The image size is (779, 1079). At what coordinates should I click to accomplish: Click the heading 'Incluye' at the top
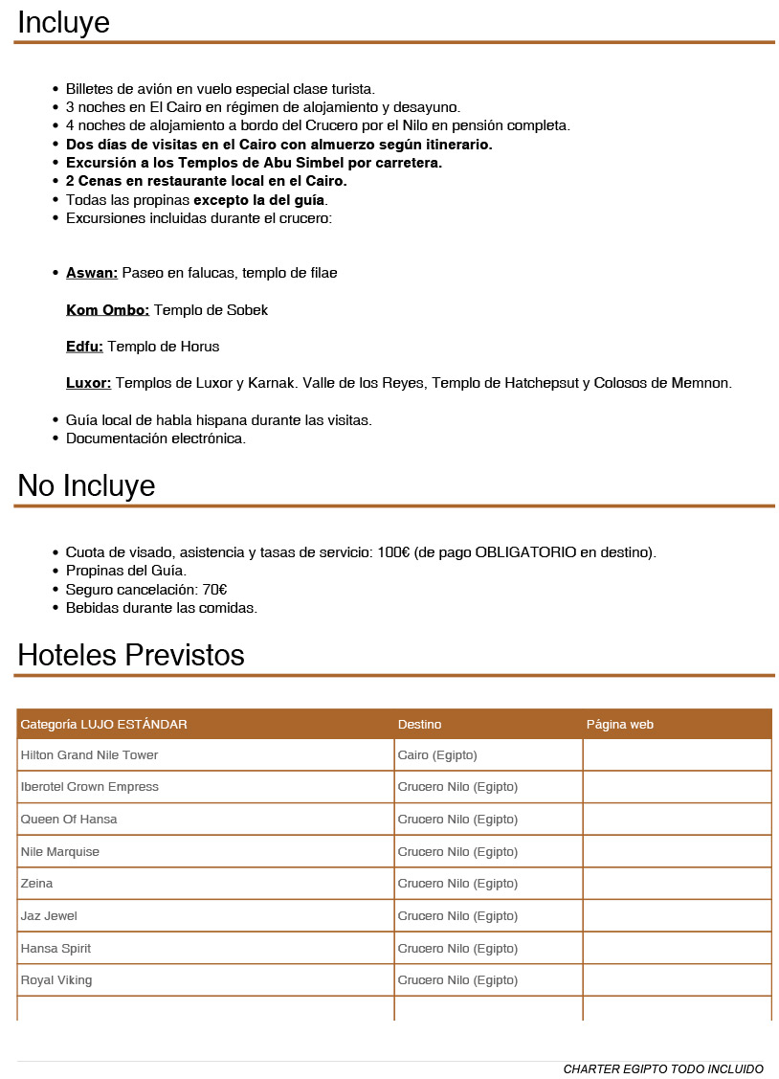coord(63,22)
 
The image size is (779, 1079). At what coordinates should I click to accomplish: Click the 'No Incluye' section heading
coord(86,486)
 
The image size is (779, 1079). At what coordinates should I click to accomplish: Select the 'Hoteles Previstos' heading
coord(131,656)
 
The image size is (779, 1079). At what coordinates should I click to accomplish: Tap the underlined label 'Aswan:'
coord(92,273)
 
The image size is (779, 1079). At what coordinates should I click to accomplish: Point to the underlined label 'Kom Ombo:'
coord(107,310)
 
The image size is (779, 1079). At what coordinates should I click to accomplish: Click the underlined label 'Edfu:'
coord(84,347)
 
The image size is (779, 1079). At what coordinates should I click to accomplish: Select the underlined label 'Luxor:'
coord(88,383)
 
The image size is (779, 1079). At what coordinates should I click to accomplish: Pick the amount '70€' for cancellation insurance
coord(214,590)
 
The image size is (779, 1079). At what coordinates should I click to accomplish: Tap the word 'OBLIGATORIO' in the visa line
coord(525,553)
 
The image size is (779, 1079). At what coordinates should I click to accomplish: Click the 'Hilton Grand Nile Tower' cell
coord(89,755)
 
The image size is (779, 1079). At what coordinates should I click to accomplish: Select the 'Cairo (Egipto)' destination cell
coord(437,755)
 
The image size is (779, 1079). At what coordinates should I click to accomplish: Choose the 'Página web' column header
coord(619,725)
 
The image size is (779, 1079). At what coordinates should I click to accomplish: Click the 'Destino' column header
coord(419,725)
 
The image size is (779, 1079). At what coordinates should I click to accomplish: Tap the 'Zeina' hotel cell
coord(36,884)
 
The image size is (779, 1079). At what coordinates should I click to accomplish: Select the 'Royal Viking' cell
coord(56,980)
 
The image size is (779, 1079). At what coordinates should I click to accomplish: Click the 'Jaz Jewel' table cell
coord(49,916)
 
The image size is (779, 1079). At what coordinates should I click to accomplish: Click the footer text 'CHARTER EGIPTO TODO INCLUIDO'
coord(663,1068)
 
